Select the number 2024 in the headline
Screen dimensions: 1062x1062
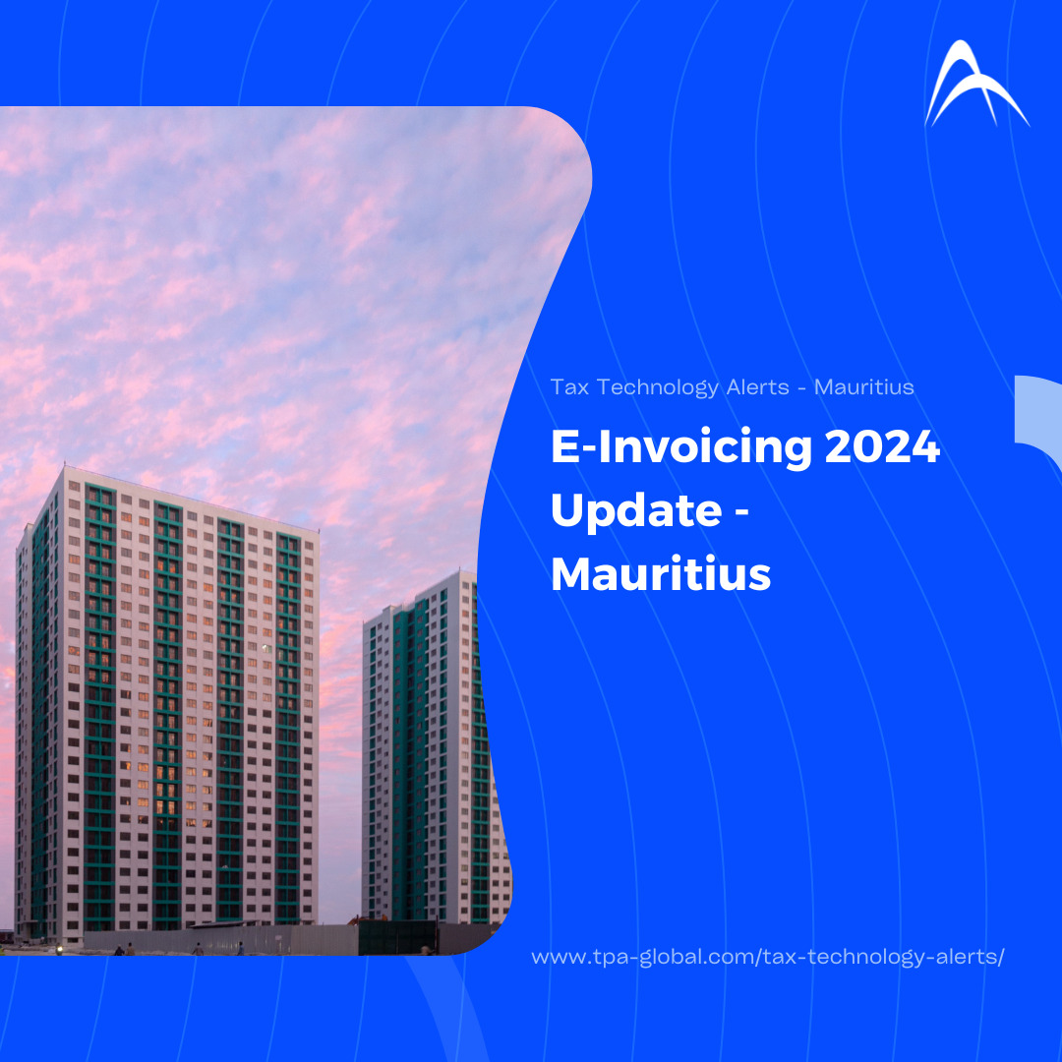click(882, 447)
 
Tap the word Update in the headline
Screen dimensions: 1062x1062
click(636, 511)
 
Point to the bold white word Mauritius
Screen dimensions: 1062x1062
click(661, 574)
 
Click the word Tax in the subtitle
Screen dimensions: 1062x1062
click(569, 387)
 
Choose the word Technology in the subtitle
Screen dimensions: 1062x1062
click(657, 388)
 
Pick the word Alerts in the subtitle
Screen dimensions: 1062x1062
click(758, 387)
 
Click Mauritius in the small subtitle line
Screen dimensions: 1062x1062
click(863, 387)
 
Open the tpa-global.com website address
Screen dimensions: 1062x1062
click(767, 957)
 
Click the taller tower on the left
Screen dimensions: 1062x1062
click(166, 703)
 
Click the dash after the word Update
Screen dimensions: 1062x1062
click(741, 512)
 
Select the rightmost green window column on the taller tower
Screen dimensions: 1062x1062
click(288, 728)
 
